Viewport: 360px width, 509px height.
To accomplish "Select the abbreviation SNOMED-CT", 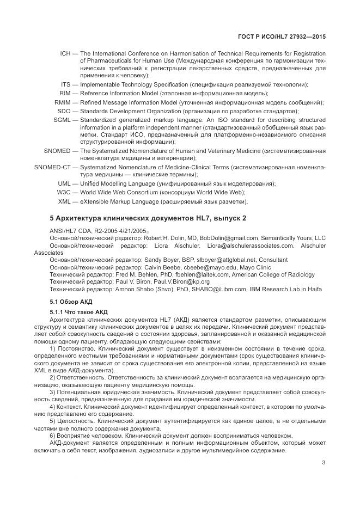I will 52,166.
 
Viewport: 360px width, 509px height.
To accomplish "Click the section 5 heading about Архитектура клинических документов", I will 148,218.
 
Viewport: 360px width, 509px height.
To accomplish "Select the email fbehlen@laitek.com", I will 209,275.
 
